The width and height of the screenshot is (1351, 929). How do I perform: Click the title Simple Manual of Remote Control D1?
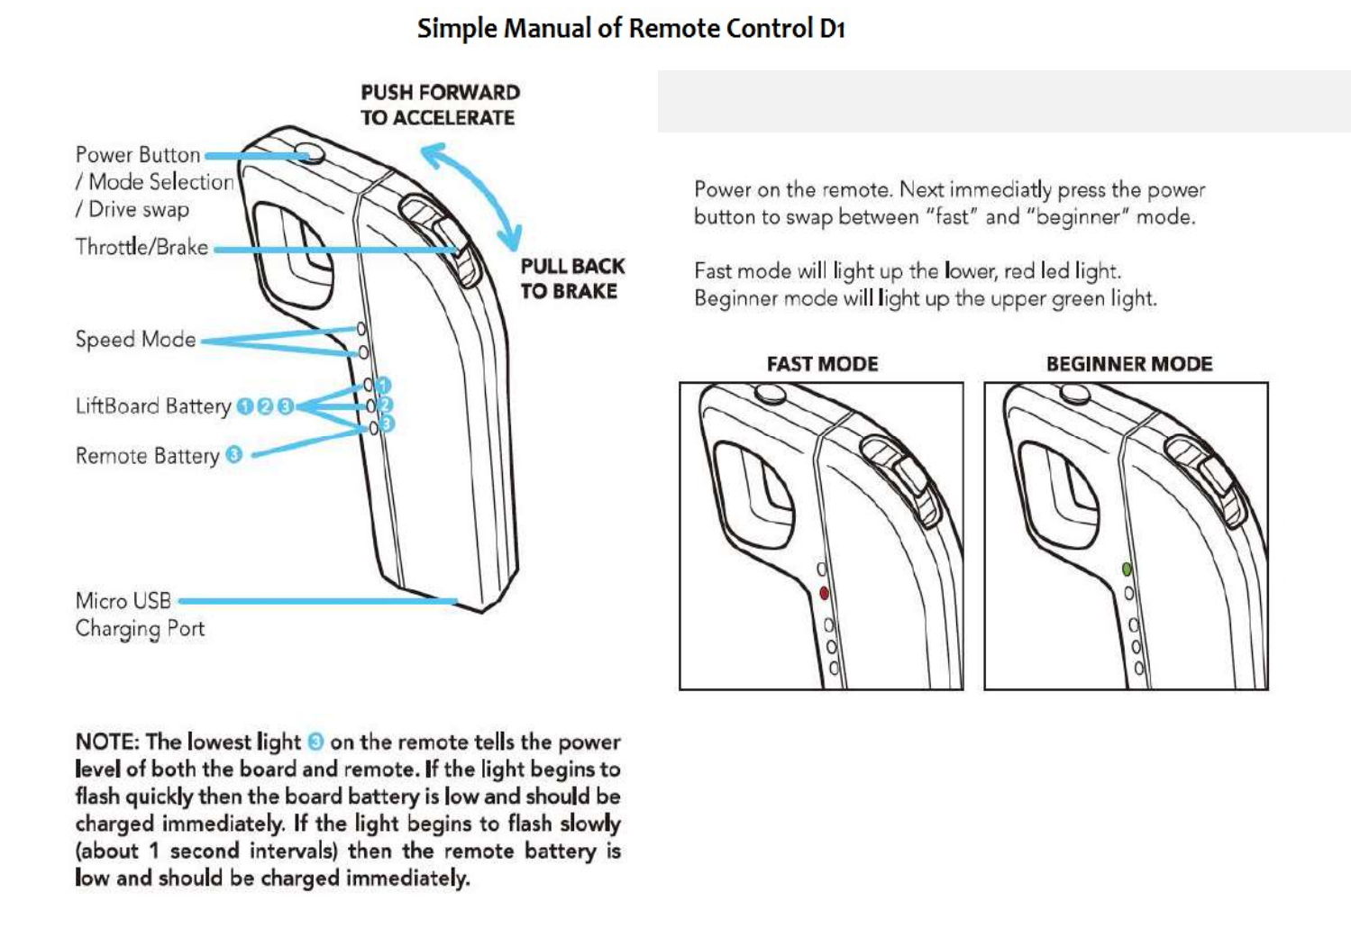(x=630, y=29)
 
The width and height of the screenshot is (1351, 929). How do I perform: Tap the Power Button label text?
(x=138, y=155)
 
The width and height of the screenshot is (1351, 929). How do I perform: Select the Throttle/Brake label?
(x=141, y=247)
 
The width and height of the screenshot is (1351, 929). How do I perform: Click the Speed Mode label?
(x=135, y=340)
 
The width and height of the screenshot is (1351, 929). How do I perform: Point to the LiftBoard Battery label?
(x=153, y=406)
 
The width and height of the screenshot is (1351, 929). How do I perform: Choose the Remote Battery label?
(x=147, y=456)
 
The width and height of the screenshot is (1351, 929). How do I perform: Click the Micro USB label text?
(x=123, y=601)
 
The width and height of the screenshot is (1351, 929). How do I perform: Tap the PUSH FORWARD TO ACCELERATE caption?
(x=439, y=105)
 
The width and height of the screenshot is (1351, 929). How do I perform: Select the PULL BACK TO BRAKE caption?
(x=571, y=278)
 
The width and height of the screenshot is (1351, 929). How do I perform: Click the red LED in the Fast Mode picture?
(x=824, y=593)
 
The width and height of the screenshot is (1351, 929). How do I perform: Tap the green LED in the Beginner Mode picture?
(x=1127, y=569)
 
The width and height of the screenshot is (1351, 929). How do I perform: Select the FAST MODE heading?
(x=822, y=364)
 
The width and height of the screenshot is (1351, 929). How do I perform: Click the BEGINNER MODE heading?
(x=1128, y=364)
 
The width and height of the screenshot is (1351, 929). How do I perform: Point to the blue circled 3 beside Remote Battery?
(x=234, y=455)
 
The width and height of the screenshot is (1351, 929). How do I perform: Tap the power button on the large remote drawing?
(x=310, y=151)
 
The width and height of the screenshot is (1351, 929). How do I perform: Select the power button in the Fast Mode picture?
(x=771, y=393)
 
